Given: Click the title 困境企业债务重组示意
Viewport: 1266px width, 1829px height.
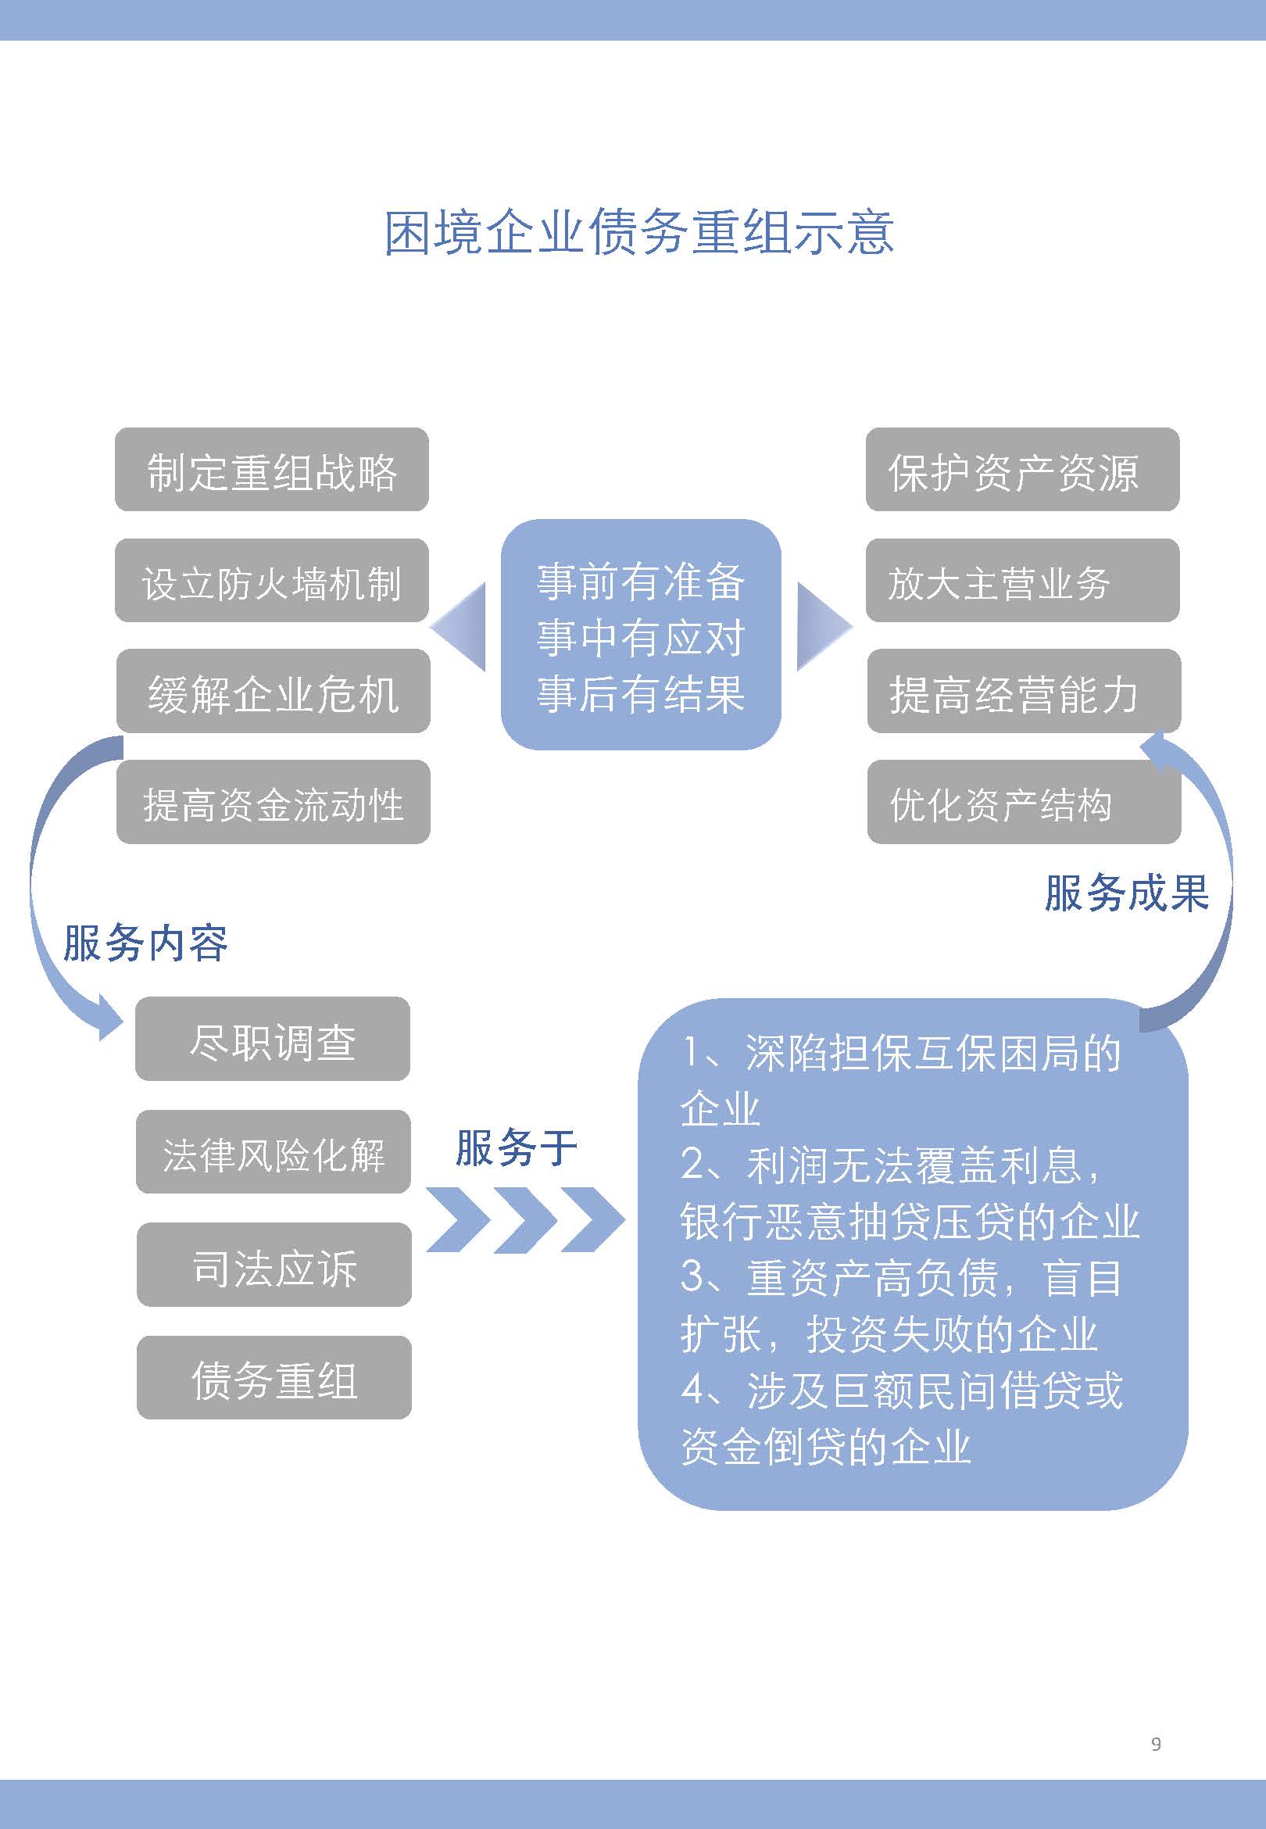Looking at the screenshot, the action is [639, 233].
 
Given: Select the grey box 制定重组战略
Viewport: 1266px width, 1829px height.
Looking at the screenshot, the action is [272, 470].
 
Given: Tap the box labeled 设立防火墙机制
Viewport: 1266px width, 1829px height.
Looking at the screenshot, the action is [272, 581].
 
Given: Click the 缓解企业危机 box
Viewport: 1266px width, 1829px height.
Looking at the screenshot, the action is [274, 691].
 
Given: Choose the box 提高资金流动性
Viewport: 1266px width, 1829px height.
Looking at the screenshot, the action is [274, 802].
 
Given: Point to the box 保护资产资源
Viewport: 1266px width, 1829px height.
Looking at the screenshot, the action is [1022, 470].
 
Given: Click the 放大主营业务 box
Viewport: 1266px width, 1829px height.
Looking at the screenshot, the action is [1022, 581].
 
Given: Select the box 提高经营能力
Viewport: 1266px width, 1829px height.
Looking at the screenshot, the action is [1024, 691].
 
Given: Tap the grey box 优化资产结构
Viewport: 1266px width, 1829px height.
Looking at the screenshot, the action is [1024, 802].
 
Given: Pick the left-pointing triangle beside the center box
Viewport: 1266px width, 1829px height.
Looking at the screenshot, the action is [459, 627].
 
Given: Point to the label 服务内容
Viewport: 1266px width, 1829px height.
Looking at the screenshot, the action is [146, 943].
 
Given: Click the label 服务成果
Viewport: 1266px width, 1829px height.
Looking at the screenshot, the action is [1126, 893].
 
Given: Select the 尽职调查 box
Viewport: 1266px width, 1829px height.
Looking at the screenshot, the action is [273, 1039].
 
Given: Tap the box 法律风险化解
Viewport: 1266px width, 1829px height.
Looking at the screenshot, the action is [274, 1151].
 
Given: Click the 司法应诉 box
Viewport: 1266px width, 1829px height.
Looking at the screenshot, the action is [274, 1265].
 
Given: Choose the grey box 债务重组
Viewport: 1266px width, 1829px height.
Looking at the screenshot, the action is [274, 1378].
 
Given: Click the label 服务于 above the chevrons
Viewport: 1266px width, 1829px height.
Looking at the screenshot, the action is [517, 1147].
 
